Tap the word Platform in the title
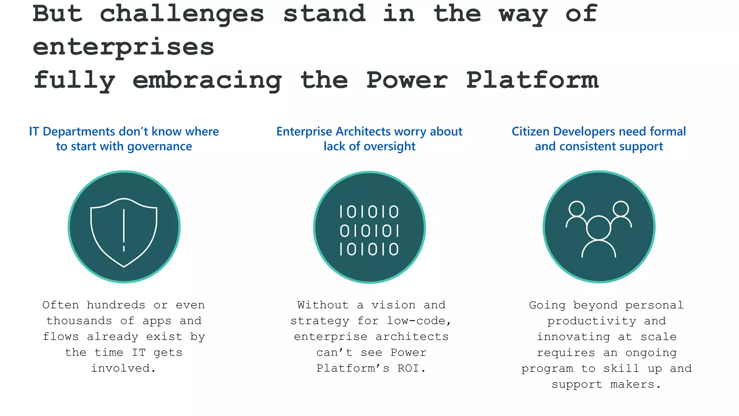pyautogui.click(x=532, y=80)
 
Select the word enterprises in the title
pyautogui.click(x=123, y=47)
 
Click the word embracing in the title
pyautogui.click(x=207, y=80)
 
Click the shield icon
pyautogui.click(x=124, y=231)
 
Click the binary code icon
pyautogui.click(x=369, y=230)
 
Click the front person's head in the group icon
pyautogui.click(x=599, y=228)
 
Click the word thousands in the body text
pyautogui.click(x=79, y=321)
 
